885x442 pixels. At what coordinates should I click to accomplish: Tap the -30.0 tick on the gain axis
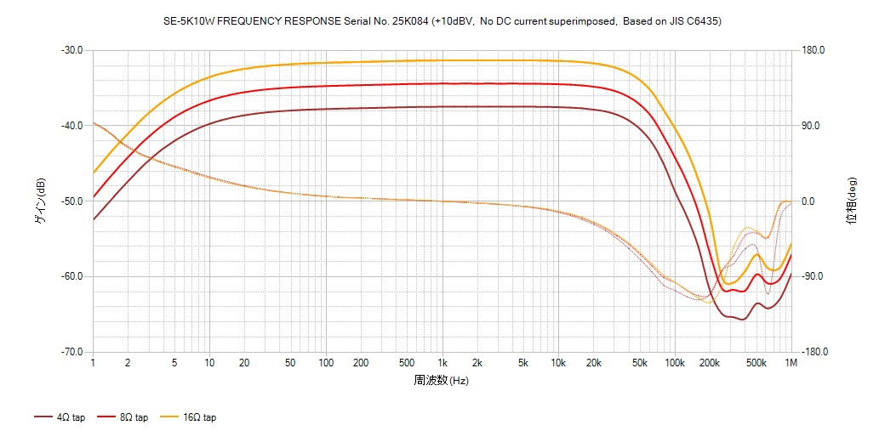[71, 50]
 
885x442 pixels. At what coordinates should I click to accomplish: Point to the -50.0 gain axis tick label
[71, 201]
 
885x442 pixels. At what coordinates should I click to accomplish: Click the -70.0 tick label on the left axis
[71, 352]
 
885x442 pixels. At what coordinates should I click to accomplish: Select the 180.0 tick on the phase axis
[814, 50]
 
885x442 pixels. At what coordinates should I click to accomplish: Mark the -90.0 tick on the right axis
[814, 277]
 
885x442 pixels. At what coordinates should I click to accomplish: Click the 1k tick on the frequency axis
[442, 363]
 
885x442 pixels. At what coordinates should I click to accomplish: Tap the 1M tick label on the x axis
[791, 363]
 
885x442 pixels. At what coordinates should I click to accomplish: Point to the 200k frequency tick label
[710, 363]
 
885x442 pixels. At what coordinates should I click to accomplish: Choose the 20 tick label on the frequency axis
[243, 363]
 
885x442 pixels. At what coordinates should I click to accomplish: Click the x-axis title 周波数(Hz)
[442, 380]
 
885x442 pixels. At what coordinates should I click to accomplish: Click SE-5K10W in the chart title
[187, 21]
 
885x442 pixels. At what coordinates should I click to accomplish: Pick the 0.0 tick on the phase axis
[808, 201]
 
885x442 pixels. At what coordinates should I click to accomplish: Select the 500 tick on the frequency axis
[407, 363]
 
